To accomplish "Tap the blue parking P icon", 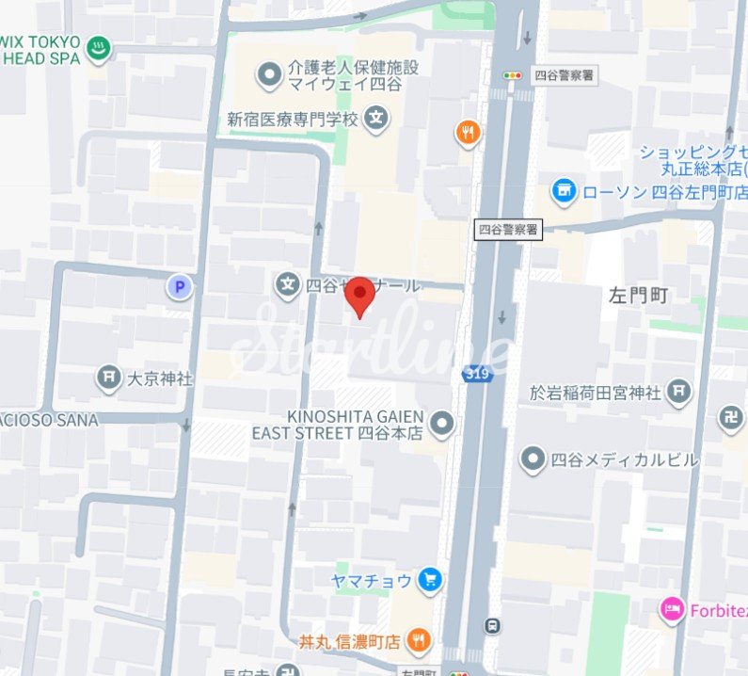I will tap(179, 286).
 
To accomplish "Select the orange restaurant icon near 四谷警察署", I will tap(469, 133).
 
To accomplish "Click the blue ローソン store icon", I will tap(564, 191).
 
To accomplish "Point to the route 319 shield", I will tap(474, 375).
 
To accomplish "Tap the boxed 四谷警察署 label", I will tap(509, 229).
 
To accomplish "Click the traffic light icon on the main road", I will tap(513, 74).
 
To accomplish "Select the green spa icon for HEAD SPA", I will tap(98, 48).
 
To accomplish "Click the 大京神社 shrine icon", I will tap(109, 378).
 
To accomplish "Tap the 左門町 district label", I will tap(638, 296).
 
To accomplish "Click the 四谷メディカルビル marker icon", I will tap(533, 459).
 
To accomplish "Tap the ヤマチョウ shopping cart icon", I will tap(431, 580).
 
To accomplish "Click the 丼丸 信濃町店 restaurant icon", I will tap(420, 642).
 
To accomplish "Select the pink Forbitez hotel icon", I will tap(672, 610).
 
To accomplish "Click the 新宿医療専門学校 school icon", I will tap(377, 119).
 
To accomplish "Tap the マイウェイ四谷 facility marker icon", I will tap(271, 73).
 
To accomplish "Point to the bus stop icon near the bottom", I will tap(491, 625).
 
